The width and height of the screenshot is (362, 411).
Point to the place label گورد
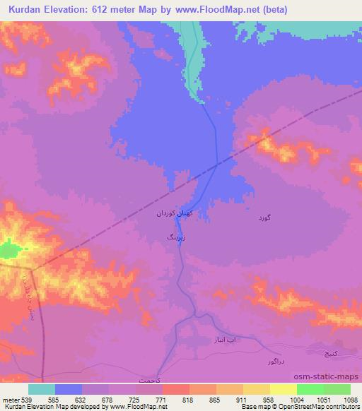tap(261, 218)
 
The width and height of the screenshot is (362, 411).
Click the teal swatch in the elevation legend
tap(42, 389)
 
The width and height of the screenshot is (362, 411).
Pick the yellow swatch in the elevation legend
tap(283, 389)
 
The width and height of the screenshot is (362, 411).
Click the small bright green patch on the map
tap(8, 249)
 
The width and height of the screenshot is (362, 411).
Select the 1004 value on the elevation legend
tap(286, 400)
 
